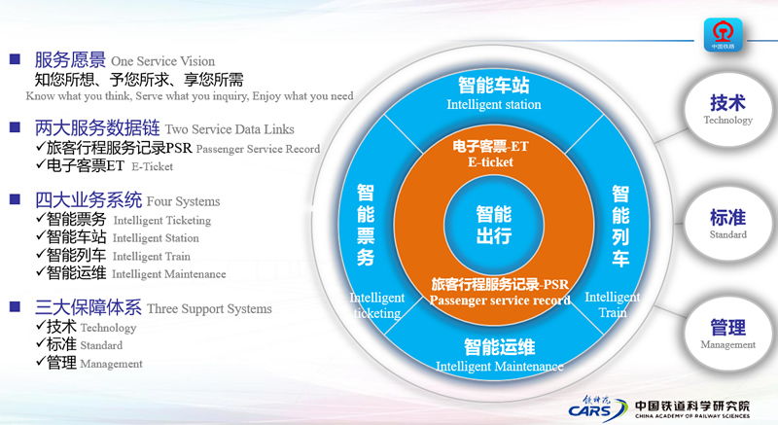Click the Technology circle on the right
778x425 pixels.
pos(727,108)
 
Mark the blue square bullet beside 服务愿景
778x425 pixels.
pos(16,60)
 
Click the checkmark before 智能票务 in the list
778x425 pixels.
pos(40,220)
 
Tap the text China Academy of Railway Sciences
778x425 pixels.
pos(691,414)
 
